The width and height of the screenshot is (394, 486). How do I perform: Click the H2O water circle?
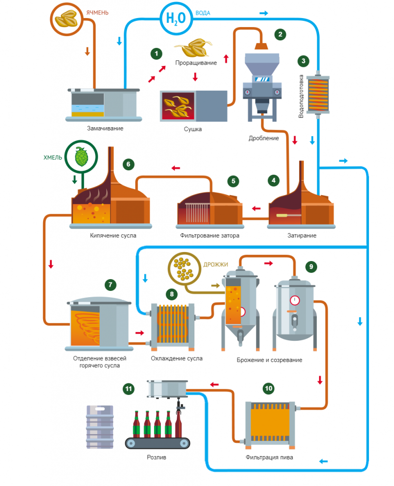(176, 19)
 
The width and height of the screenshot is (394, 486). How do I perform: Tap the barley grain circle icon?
(66, 19)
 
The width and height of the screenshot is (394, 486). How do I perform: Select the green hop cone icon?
(82, 157)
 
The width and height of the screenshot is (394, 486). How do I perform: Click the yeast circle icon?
(184, 269)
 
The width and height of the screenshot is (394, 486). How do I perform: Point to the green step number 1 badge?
(156, 54)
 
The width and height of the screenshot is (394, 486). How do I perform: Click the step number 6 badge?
(128, 164)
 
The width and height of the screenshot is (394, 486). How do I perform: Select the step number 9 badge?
(311, 267)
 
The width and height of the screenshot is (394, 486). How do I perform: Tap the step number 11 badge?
(128, 389)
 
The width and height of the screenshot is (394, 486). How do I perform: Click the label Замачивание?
(105, 128)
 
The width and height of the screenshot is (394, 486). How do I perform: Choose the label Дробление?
(264, 138)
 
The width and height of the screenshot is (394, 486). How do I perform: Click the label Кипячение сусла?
(113, 235)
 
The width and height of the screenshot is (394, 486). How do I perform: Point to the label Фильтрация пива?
(269, 457)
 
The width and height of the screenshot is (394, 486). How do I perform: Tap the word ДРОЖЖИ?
(216, 264)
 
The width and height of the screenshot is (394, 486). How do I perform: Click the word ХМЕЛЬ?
(53, 158)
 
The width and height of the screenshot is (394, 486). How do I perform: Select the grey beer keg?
(100, 427)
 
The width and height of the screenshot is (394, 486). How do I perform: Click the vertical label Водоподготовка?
(301, 96)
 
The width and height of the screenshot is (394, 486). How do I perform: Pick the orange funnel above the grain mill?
(261, 46)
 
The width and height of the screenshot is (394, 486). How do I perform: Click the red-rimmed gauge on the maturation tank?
(294, 300)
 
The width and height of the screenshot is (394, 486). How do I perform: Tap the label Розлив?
(156, 457)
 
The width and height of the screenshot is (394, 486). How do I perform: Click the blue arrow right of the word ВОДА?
(264, 13)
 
